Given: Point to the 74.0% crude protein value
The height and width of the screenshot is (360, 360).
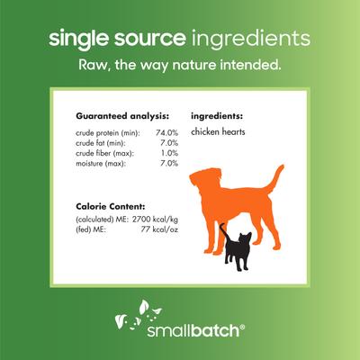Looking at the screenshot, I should pos(167,132).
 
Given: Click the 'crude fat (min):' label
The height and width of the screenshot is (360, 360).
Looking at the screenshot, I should pos(105,142).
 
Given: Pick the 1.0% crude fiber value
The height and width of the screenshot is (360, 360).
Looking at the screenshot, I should pos(170,152).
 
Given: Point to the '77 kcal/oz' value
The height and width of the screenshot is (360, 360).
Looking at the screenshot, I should pos(160,230).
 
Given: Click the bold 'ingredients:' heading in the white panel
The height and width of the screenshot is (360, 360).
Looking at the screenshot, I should pos(220,117).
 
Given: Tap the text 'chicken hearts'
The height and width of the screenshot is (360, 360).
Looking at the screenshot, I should pos(219,132).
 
